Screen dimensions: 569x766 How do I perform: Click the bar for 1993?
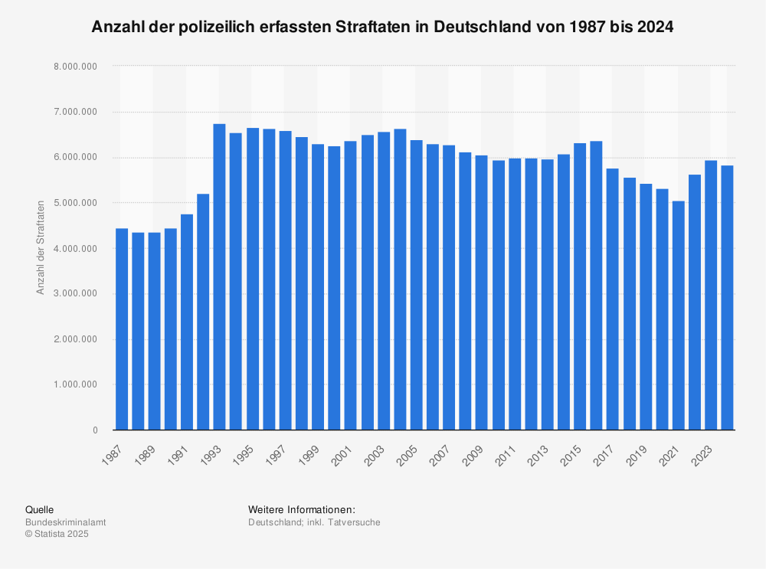pos(219,276)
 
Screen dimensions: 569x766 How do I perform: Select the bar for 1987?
pos(122,329)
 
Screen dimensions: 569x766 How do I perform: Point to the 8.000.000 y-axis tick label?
pos(76,67)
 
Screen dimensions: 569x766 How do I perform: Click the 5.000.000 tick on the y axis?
pos(76,203)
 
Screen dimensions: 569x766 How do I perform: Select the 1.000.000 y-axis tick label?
pos(76,384)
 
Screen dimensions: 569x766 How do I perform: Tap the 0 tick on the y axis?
pos(95,430)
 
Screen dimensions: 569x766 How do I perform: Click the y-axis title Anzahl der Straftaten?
pos(41,248)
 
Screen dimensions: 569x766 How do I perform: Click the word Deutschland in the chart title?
pos(475,27)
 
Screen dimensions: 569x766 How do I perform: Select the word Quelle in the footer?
pos(39,509)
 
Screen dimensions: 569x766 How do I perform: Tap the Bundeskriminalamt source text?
pos(66,522)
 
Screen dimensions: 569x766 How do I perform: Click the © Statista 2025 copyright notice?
pos(57,535)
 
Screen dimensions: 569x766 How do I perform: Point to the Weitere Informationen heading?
pos(302,509)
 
